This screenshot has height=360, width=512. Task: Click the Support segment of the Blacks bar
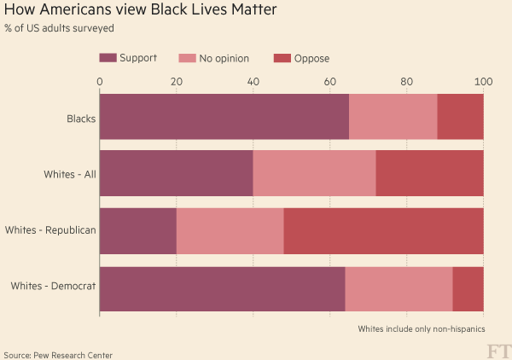224,117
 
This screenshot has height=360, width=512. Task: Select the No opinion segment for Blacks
393,117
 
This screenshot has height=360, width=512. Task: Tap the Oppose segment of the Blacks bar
461,117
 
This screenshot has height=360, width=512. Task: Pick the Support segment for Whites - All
177,174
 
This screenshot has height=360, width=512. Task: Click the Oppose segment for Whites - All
430,174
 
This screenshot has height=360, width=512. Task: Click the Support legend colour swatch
108,58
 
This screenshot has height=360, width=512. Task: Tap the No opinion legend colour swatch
186,58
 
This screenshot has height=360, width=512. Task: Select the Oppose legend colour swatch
282,58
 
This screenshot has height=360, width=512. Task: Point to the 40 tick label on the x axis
253,82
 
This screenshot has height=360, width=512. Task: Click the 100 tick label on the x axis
484,82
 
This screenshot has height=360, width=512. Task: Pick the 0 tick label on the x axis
100,82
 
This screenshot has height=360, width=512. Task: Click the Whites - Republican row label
50,230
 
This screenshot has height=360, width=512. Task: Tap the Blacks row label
81,118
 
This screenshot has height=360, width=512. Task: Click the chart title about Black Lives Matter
141,11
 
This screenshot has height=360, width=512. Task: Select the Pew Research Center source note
58,354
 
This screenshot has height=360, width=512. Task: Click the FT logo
497,351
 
